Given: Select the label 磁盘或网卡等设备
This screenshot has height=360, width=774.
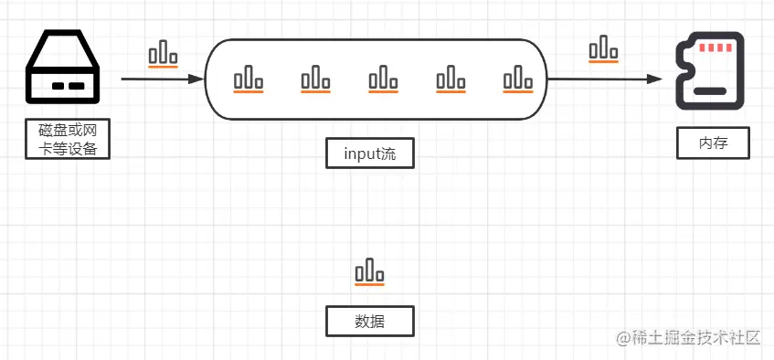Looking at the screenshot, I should point(67,139).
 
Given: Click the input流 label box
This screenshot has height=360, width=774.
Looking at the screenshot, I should point(369,153).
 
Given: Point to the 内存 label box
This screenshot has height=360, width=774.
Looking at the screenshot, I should point(714,143).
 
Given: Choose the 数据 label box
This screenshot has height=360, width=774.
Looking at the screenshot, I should point(369,322).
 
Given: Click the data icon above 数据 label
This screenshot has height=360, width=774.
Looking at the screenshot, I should point(369,271).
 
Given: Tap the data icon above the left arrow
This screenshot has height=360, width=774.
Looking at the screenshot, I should point(163,54).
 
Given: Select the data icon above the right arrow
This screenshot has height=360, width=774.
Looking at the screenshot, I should point(602,49).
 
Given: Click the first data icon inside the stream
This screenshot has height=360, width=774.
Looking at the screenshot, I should point(248,79).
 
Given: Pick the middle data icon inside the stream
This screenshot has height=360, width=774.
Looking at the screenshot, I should point(383,79).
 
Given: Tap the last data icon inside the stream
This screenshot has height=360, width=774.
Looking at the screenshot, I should point(517,79).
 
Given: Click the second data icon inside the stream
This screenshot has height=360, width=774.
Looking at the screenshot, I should point(315,79).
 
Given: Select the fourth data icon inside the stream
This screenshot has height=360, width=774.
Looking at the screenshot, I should point(451,79).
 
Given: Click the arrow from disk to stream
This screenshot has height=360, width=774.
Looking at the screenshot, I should point(162,79).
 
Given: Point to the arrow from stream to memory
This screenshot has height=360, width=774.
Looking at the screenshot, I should point(604,79).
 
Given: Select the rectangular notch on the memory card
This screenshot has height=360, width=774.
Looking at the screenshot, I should point(711,91).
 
